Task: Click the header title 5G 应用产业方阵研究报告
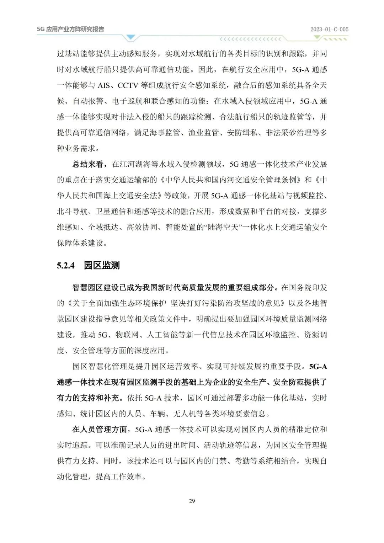[70, 29]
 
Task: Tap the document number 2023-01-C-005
[329, 30]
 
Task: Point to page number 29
[192, 501]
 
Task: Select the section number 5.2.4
[66, 265]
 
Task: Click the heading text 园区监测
[102, 265]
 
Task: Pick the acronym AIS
[103, 85]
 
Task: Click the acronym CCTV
[129, 85]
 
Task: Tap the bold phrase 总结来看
[88, 164]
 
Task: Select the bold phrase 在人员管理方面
[100, 429]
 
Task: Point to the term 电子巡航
[127, 101]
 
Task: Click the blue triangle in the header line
[131, 37]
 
